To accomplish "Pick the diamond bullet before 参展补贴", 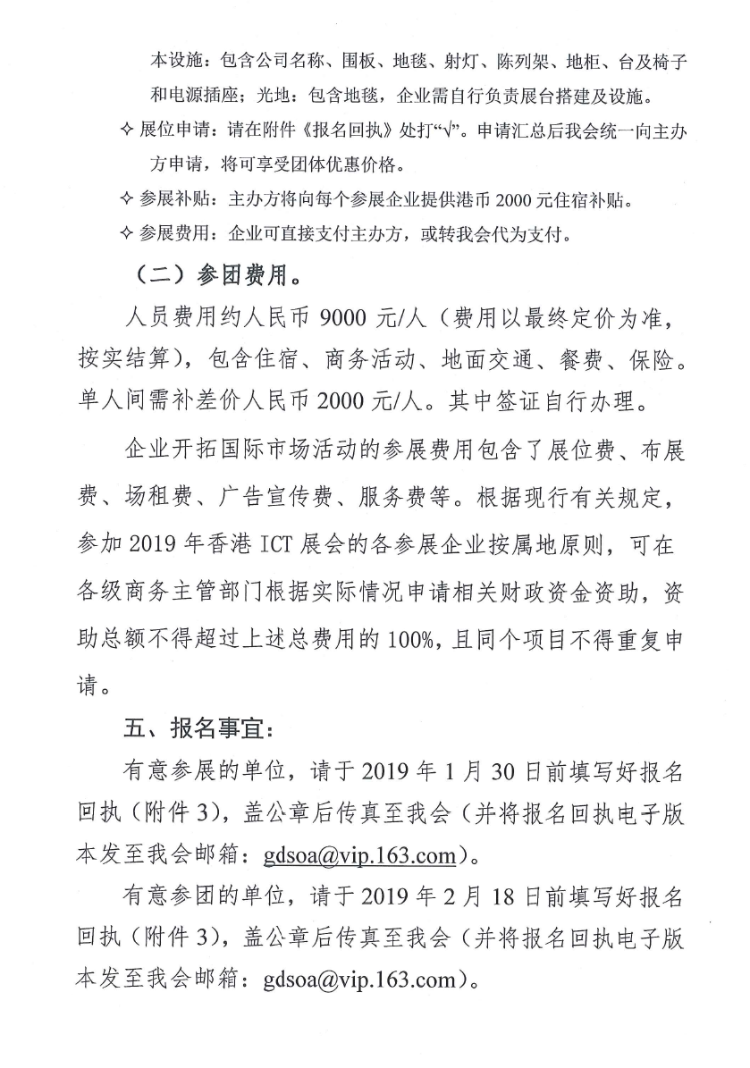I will pos(125,201).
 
